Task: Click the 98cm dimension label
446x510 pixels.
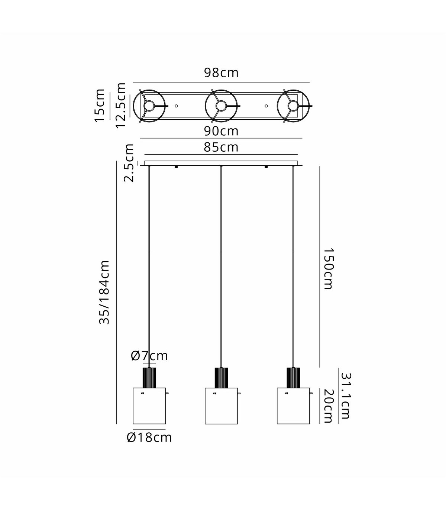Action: [x=221, y=73]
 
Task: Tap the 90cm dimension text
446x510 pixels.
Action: [x=221, y=131]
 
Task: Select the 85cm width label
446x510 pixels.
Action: [x=221, y=147]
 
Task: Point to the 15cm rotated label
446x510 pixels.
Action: [x=99, y=106]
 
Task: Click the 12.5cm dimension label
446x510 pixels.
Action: [x=120, y=106]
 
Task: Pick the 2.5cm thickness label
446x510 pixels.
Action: [x=129, y=163]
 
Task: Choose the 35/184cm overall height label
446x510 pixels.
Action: [x=104, y=293]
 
